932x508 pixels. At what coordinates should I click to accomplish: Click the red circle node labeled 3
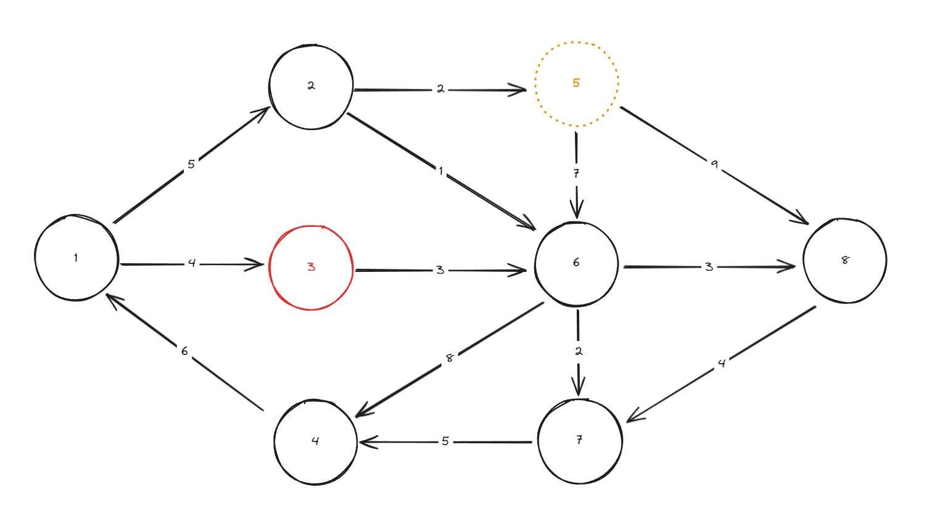pyautogui.click(x=311, y=268)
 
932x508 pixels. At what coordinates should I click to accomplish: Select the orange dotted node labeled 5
pyautogui.click(x=576, y=84)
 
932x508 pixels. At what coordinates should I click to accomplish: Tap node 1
pyautogui.click(x=76, y=258)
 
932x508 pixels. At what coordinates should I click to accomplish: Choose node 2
pyautogui.click(x=311, y=86)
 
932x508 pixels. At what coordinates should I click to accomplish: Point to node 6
pyautogui.click(x=576, y=263)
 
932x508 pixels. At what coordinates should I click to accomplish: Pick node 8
pyautogui.click(x=844, y=260)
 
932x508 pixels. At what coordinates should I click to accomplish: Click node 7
pyautogui.click(x=579, y=441)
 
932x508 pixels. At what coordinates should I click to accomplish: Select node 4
pyautogui.click(x=315, y=441)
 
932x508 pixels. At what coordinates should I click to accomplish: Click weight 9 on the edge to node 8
pyautogui.click(x=714, y=165)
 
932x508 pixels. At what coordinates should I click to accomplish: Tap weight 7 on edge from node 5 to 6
pyautogui.click(x=576, y=174)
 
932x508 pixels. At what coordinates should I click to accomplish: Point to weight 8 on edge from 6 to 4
pyautogui.click(x=450, y=358)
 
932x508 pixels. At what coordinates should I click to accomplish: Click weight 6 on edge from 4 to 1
pyautogui.click(x=184, y=351)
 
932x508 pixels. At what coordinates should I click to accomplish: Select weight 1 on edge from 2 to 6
pyautogui.click(x=441, y=171)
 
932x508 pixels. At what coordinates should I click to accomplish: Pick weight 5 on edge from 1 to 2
pyautogui.click(x=191, y=165)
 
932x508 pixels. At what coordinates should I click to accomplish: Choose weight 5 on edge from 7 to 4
pyautogui.click(x=445, y=441)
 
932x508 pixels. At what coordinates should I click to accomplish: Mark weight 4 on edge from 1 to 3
pyautogui.click(x=192, y=263)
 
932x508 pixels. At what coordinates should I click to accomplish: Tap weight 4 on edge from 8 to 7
pyautogui.click(x=722, y=364)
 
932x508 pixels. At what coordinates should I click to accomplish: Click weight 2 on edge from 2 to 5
pyautogui.click(x=440, y=89)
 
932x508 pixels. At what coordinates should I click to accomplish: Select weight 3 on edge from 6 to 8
pyautogui.click(x=709, y=267)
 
